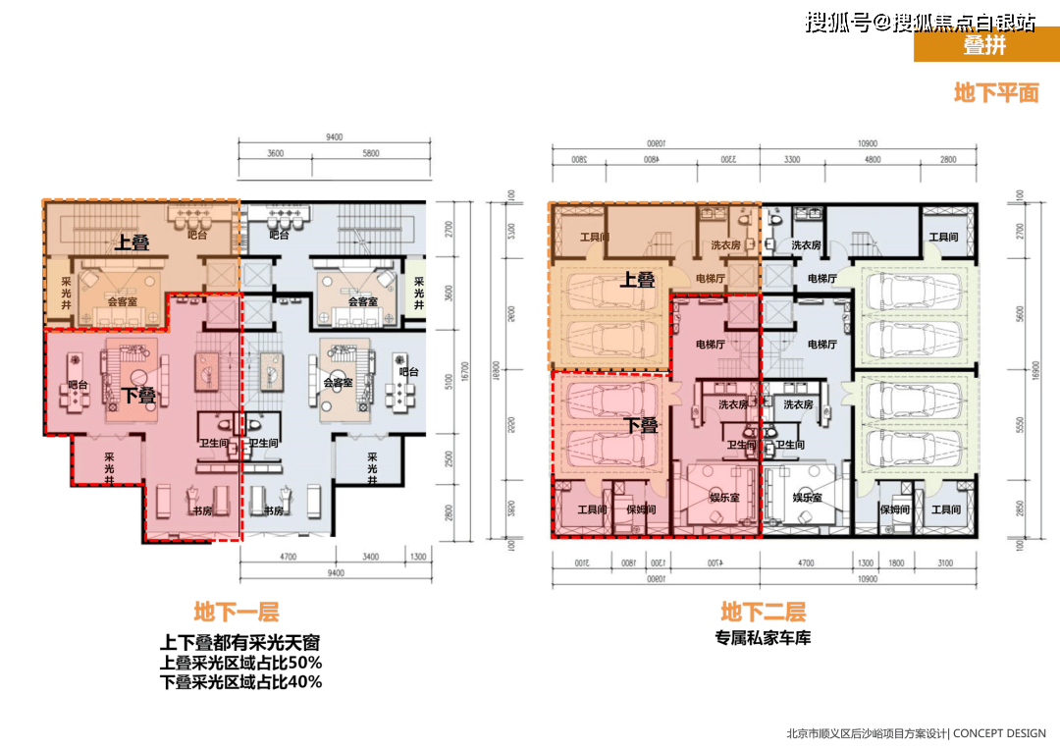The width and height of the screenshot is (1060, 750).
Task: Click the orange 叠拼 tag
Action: point(984,45)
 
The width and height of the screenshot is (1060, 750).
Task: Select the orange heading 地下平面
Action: point(996,93)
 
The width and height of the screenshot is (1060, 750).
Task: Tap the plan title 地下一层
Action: point(236,613)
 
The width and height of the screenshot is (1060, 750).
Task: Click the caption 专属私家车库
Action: point(763,639)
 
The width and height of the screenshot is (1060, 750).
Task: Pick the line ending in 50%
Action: point(240,663)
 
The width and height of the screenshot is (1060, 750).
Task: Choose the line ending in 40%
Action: point(240,682)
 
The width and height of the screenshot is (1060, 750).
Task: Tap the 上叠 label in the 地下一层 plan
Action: point(132,242)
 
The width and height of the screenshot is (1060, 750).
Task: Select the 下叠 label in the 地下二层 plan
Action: point(642,426)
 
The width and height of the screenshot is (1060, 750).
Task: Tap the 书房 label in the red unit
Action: point(201,510)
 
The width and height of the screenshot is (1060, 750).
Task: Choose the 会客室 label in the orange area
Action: point(122,301)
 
